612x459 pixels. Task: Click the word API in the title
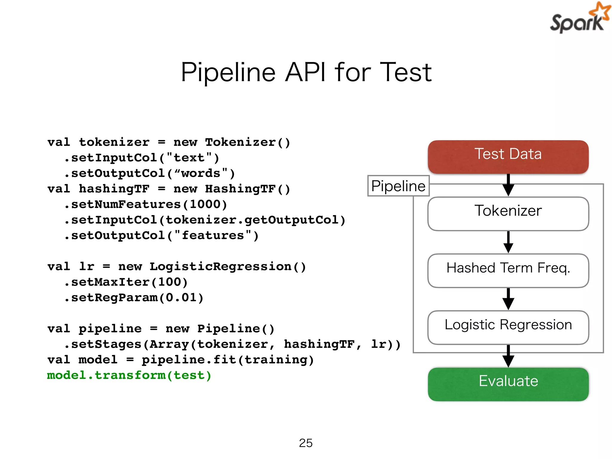[x=305, y=73]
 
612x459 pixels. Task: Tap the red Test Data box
[x=508, y=157]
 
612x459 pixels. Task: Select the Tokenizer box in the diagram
[x=508, y=213]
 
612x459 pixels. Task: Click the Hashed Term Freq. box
[x=508, y=270]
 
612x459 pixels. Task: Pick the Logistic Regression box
[x=508, y=327]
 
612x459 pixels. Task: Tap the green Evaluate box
[x=508, y=384]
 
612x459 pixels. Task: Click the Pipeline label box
[x=398, y=186]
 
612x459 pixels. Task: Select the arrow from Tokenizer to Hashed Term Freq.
[x=508, y=242]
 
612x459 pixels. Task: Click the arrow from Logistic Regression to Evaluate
[x=508, y=356]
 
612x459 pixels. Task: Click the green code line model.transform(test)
[x=129, y=375]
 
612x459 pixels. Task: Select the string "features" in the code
[x=213, y=235]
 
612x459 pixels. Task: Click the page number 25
[x=306, y=443]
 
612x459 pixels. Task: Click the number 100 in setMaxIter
[x=169, y=282]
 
